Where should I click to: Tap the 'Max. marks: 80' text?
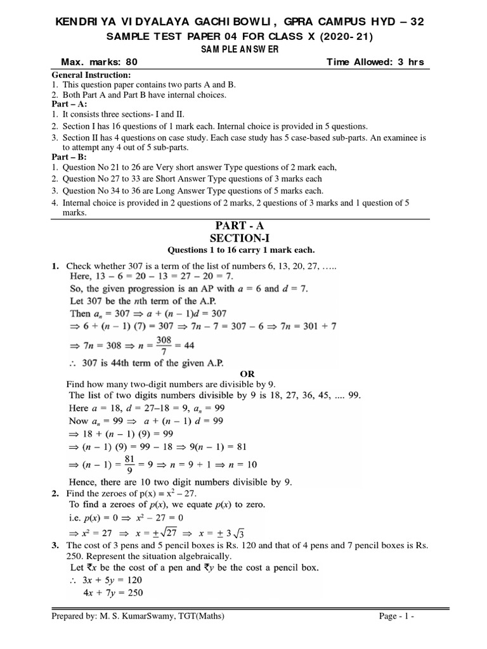pyautogui.click(x=98, y=62)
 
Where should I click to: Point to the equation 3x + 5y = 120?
pyautogui.click(x=105, y=581)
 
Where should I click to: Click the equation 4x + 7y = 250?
pyautogui.click(x=105, y=593)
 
